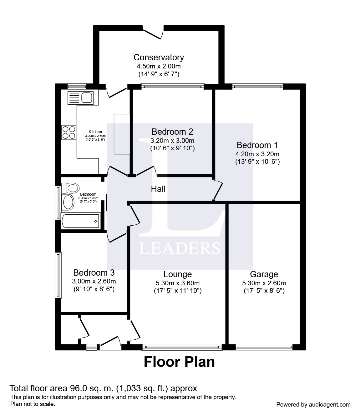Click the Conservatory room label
point(159,57)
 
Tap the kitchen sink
point(81,98)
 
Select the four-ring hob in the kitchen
point(69,132)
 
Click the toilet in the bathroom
point(70,188)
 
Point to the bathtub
point(81,221)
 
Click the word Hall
point(158,189)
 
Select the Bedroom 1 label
point(257,145)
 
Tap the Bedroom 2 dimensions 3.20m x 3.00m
point(172,140)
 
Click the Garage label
point(264,274)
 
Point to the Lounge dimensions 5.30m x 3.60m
point(178,283)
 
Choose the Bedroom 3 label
point(94,272)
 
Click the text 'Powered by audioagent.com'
point(313,405)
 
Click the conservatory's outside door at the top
point(153,32)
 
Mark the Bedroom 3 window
point(58,275)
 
